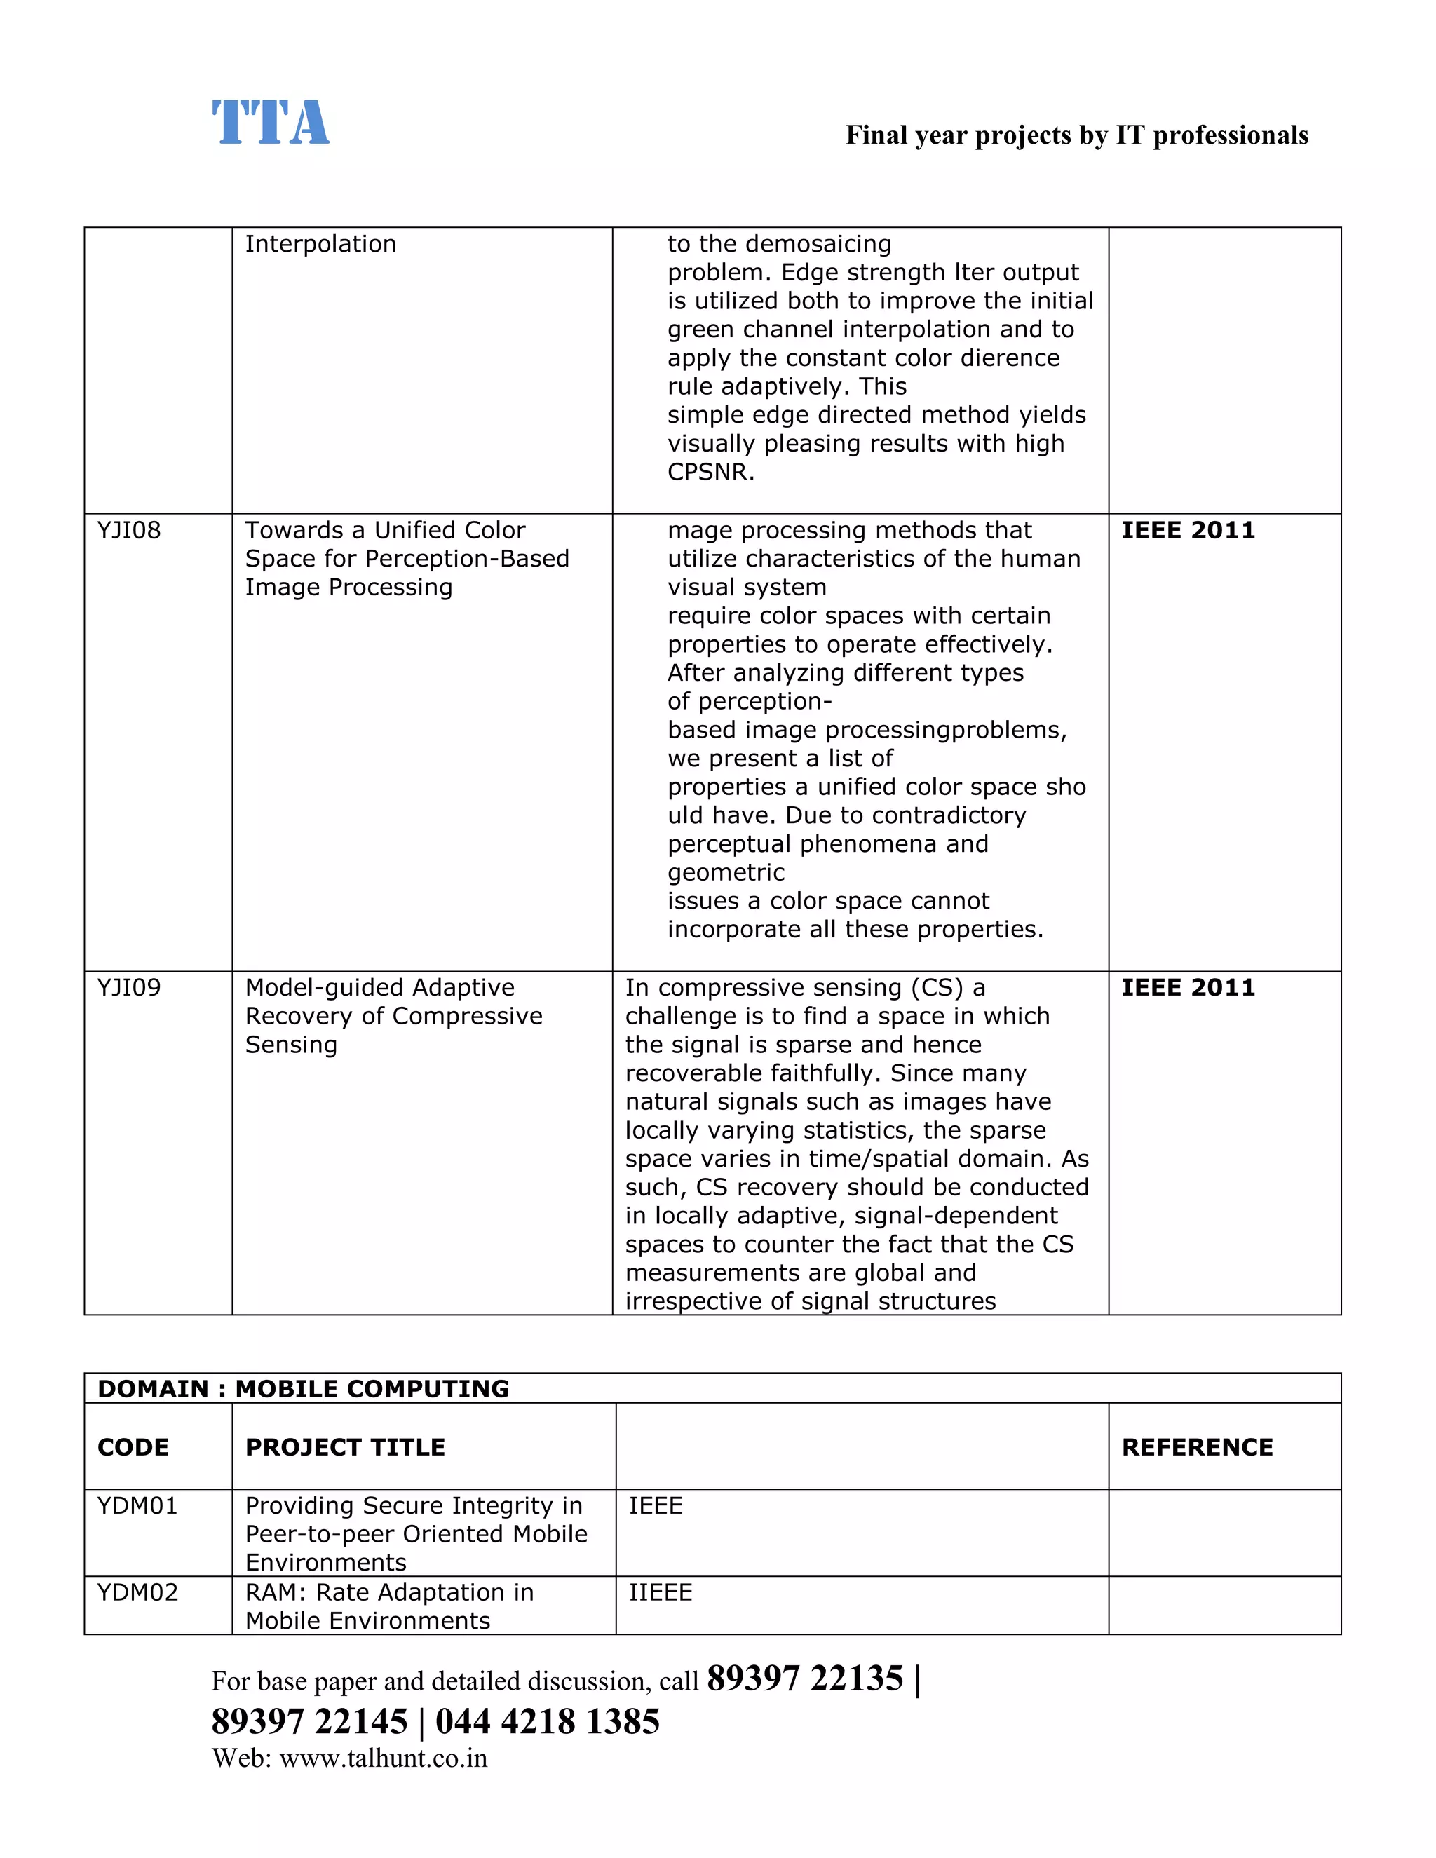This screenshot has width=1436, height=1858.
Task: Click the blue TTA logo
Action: click(x=270, y=123)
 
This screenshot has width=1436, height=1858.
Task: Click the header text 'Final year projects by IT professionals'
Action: click(x=1076, y=135)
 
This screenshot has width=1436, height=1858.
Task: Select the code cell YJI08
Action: click(x=128, y=531)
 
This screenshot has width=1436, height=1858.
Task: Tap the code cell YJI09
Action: click(x=128, y=988)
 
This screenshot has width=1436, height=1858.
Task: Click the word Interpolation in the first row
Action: click(x=320, y=244)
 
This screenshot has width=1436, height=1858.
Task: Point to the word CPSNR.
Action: click(x=710, y=472)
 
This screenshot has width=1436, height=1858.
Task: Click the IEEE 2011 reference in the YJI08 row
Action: click(x=1188, y=531)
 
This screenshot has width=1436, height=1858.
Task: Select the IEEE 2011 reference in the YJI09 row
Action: click(x=1188, y=988)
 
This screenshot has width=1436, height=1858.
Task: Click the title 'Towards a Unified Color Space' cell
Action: click(x=407, y=559)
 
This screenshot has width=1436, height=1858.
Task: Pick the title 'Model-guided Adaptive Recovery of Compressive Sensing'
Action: click(x=393, y=1016)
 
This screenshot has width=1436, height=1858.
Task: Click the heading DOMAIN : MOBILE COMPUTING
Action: click(x=303, y=1388)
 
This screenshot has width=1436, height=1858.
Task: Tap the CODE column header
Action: click(x=133, y=1447)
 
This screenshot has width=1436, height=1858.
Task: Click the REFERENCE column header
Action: click(x=1197, y=1447)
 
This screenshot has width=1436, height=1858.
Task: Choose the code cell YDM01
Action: click(x=137, y=1506)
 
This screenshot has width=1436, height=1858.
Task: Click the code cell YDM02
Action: click(x=137, y=1592)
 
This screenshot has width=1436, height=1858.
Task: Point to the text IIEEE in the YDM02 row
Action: click(x=660, y=1592)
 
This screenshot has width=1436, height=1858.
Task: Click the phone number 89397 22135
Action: click(x=805, y=1679)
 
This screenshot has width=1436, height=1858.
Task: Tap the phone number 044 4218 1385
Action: click(x=547, y=1721)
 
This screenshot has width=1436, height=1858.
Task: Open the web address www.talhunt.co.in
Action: click(x=383, y=1758)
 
